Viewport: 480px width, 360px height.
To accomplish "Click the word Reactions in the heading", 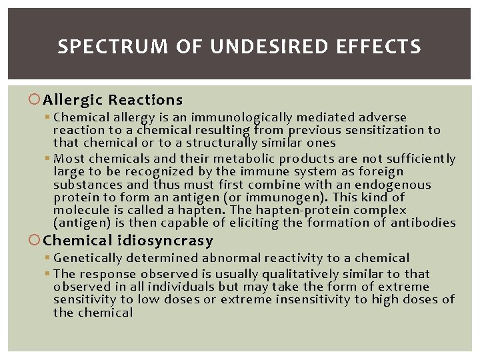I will (145, 100).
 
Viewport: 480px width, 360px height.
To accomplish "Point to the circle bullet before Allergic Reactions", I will (37, 100).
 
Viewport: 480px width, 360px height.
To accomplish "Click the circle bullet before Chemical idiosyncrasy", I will (37, 240).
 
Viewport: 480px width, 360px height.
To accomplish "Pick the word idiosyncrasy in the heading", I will (172, 240).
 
